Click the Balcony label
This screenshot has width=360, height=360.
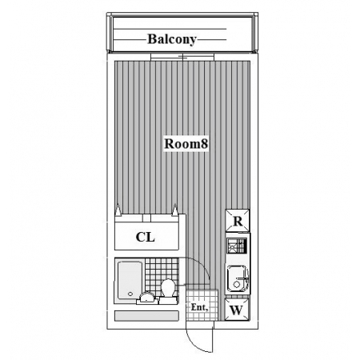pyautogui.click(x=172, y=39)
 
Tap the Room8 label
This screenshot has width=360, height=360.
pyautogui.click(x=186, y=144)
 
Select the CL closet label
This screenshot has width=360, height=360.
pyautogui.click(x=146, y=237)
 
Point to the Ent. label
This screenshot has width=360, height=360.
pyautogui.click(x=199, y=307)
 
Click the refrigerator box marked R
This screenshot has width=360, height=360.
pyautogui.click(x=238, y=220)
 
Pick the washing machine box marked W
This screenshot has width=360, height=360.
pyautogui.click(x=237, y=310)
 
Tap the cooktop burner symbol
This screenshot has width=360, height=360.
pyautogui.click(x=237, y=246)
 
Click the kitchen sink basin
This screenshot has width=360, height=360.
pyautogui.click(x=237, y=278)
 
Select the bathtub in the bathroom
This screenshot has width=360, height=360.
pyautogui.click(x=130, y=280)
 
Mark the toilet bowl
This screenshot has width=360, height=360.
pyautogui.click(x=168, y=288)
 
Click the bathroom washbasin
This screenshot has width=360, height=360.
pyautogui.click(x=146, y=298)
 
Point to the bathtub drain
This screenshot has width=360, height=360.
pyautogui.click(x=130, y=294)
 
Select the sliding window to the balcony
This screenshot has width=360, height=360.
pyautogui.click(x=182, y=57)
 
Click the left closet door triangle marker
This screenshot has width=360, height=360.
pyautogui.click(x=118, y=210)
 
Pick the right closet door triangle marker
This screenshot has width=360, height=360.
pyautogui.click(x=174, y=210)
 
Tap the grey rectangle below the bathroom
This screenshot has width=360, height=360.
pyautogui.click(x=146, y=315)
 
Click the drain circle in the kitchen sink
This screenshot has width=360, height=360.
pyautogui.click(x=236, y=285)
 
